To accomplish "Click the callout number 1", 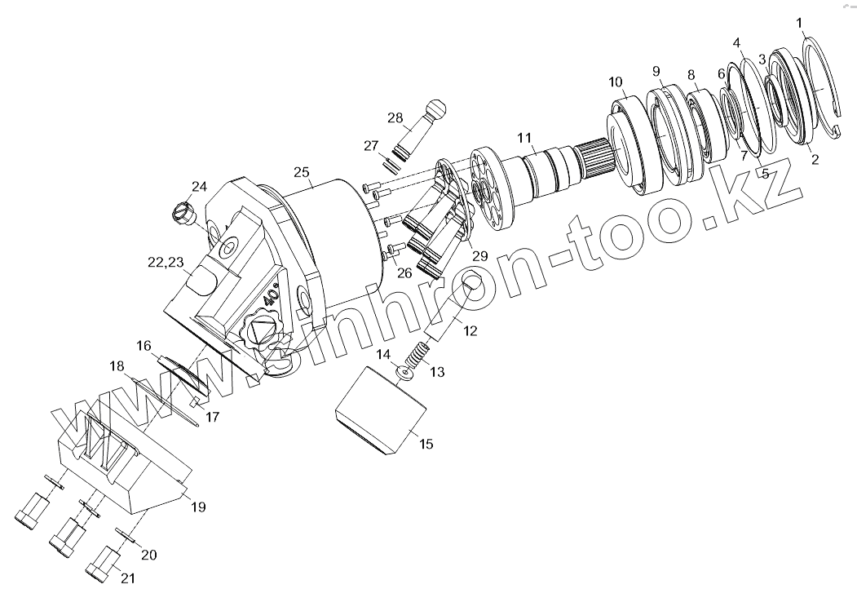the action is pos(799,22).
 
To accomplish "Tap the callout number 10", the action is pos(615,82).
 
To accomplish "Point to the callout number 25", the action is pos(302,172).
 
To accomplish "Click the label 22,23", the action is pos(166,262).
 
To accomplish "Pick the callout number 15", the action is pos(426,445).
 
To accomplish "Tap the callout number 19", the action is pos(197,507).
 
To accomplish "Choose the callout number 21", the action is pos(128,578).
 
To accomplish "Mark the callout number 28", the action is pos(395,118).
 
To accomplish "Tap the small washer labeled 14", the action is pos(404,374).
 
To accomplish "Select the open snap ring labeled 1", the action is pos(824,90).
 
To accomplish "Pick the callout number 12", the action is pos(470,331).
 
